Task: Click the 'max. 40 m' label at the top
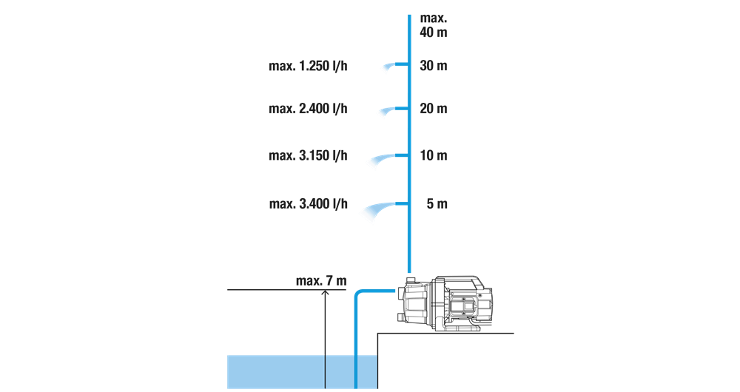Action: tap(433, 25)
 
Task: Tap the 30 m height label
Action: tap(433, 66)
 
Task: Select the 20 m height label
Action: tap(433, 109)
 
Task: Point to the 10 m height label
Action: tap(433, 155)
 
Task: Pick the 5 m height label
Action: tap(437, 204)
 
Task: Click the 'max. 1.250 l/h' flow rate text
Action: tap(308, 66)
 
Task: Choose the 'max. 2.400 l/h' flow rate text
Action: tap(308, 109)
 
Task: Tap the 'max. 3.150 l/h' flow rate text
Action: tap(308, 155)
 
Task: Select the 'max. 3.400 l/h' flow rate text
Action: tap(308, 204)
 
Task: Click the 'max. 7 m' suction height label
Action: tap(321, 281)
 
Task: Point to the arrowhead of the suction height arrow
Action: tap(325, 291)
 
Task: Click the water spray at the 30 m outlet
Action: tap(389, 67)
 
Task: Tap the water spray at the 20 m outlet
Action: tap(387, 111)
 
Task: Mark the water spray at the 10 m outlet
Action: tap(383, 160)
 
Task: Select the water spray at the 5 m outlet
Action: tap(379, 209)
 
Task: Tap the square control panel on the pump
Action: tap(465, 304)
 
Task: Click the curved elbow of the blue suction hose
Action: tap(360, 295)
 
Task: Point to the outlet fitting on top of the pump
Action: tap(411, 280)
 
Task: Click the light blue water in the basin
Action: tap(302, 372)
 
